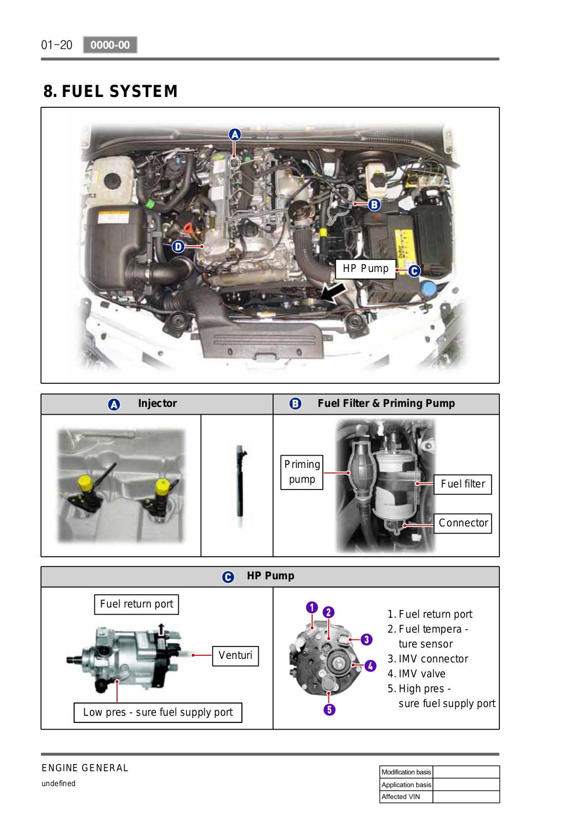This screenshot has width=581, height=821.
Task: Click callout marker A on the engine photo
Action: point(235,134)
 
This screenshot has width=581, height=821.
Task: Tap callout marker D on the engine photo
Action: point(178,247)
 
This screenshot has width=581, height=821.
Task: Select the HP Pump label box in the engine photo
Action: point(365,268)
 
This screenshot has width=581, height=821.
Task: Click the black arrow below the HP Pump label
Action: point(334,293)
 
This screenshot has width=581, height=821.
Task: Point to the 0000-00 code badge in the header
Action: point(110,45)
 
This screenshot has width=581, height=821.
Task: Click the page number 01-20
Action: point(56,45)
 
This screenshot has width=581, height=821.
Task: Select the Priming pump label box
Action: point(302,472)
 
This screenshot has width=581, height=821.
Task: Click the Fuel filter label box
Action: point(462,484)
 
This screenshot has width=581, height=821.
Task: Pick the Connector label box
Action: point(462,523)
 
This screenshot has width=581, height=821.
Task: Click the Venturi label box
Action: point(235,655)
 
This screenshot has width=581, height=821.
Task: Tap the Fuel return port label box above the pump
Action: point(137,604)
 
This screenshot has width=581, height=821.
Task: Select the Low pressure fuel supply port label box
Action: point(158,712)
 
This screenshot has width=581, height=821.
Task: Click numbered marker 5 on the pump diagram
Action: point(330,710)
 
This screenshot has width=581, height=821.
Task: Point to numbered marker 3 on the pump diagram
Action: point(366,639)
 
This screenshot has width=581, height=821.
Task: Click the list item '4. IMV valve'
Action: point(416,674)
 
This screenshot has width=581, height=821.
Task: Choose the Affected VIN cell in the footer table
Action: point(405,797)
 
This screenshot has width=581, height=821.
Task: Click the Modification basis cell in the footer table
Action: point(405,772)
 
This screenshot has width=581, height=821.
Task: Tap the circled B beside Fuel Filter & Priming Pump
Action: point(295,404)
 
